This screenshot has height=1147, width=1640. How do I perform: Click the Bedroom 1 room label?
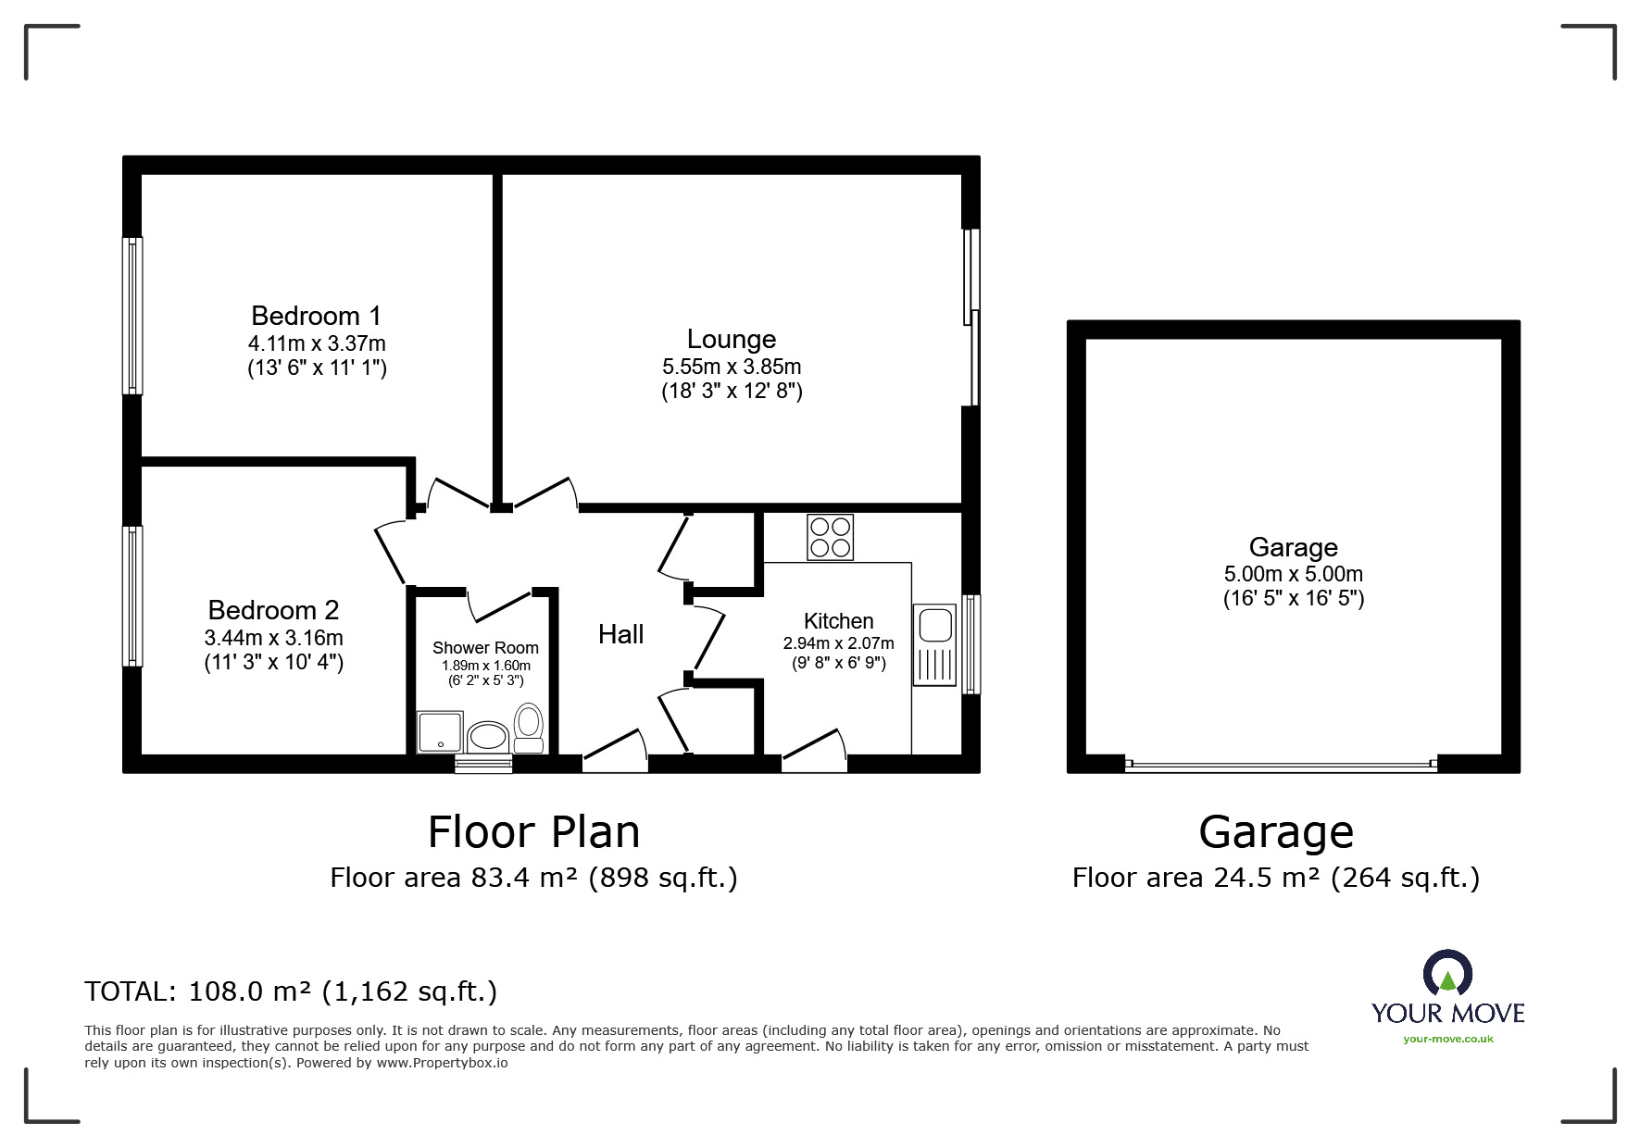point(317,316)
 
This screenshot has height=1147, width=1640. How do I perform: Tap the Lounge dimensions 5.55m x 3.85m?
point(732,367)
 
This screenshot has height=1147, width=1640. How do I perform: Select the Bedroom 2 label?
point(273,610)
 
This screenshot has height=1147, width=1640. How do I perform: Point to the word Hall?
point(620,634)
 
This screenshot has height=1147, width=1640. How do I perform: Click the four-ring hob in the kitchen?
point(831,537)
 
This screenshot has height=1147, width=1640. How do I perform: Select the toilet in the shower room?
point(529,729)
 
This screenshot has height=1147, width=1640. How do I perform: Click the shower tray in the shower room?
point(441,732)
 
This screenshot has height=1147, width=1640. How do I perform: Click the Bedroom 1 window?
point(133,316)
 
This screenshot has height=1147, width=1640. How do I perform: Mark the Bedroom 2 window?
point(133,596)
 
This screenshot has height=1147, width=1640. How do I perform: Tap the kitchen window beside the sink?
point(970,644)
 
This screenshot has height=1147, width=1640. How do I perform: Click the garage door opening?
point(1281,765)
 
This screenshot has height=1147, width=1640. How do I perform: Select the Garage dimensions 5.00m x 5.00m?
point(1294,574)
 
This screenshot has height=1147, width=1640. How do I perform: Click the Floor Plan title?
point(533,831)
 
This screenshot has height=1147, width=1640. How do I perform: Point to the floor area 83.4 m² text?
point(534,877)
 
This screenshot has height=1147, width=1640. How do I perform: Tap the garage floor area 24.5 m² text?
point(1276,877)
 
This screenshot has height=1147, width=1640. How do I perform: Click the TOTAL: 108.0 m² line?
point(291,991)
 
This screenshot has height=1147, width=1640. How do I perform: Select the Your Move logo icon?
point(1447,974)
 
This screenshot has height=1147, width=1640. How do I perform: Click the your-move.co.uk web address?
point(1448,1039)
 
